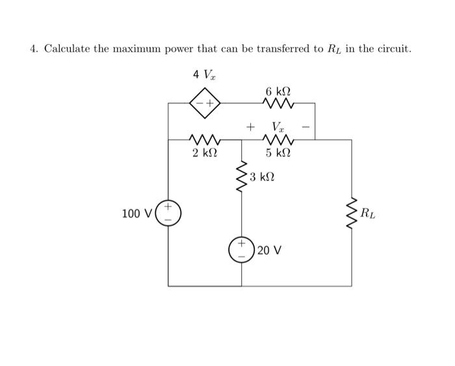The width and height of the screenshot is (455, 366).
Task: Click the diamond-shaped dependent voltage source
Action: [205, 103]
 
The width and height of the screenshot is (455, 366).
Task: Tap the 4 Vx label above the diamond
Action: [204, 75]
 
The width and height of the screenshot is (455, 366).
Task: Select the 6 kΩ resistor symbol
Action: [279, 103]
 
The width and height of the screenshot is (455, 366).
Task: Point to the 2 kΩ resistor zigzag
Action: [204, 139]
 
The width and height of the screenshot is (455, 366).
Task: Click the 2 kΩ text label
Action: [205, 154]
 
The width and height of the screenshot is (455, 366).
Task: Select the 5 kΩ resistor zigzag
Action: [279, 139]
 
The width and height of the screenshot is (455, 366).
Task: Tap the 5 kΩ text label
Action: [278, 154]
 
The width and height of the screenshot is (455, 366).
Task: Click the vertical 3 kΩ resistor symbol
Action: [242, 177]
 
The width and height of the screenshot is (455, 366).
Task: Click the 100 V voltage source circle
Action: [168, 212]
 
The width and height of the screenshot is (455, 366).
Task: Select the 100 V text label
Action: [136, 213]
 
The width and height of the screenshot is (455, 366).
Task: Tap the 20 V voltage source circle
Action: [242, 250]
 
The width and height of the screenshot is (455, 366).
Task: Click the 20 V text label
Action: [269, 250]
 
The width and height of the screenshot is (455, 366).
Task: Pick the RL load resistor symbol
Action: [352, 213]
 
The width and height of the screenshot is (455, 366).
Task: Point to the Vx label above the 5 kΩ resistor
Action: [278, 126]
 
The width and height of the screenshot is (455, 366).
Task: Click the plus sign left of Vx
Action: [249, 126]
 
